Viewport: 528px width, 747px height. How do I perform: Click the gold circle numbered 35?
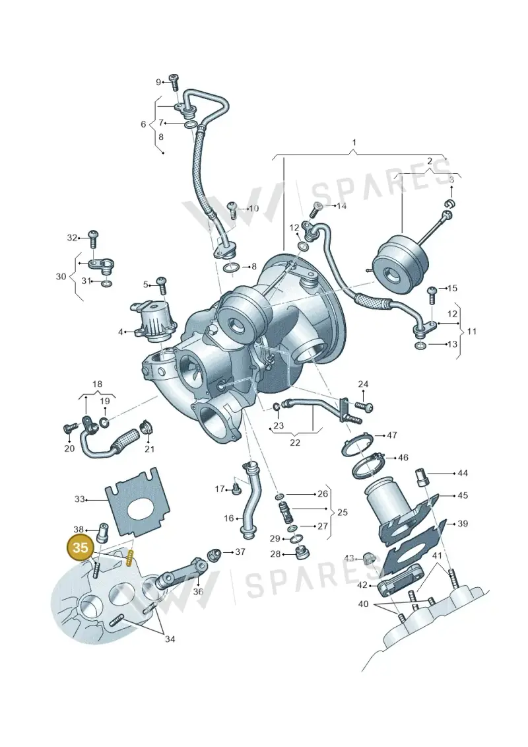tap(81, 548)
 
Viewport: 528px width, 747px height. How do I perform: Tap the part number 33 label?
tap(79, 499)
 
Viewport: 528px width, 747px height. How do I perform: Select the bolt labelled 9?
tap(175, 83)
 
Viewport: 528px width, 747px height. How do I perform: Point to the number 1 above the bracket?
tap(354, 143)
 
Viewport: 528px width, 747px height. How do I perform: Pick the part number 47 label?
tap(392, 435)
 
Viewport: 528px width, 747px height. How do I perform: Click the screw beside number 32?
tap(94, 238)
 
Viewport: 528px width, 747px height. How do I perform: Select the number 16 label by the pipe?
tap(229, 518)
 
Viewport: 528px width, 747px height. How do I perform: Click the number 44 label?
tap(462, 473)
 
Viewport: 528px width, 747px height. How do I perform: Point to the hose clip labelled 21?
tap(146, 427)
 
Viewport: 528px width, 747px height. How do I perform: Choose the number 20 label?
tap(69, 448)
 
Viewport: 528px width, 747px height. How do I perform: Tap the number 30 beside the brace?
tap(61, 276)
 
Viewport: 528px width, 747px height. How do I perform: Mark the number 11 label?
tap(471, 331)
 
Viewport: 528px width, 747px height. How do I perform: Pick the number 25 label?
tap(342, 512)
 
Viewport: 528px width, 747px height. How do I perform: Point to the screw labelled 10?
tap(233, 210)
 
